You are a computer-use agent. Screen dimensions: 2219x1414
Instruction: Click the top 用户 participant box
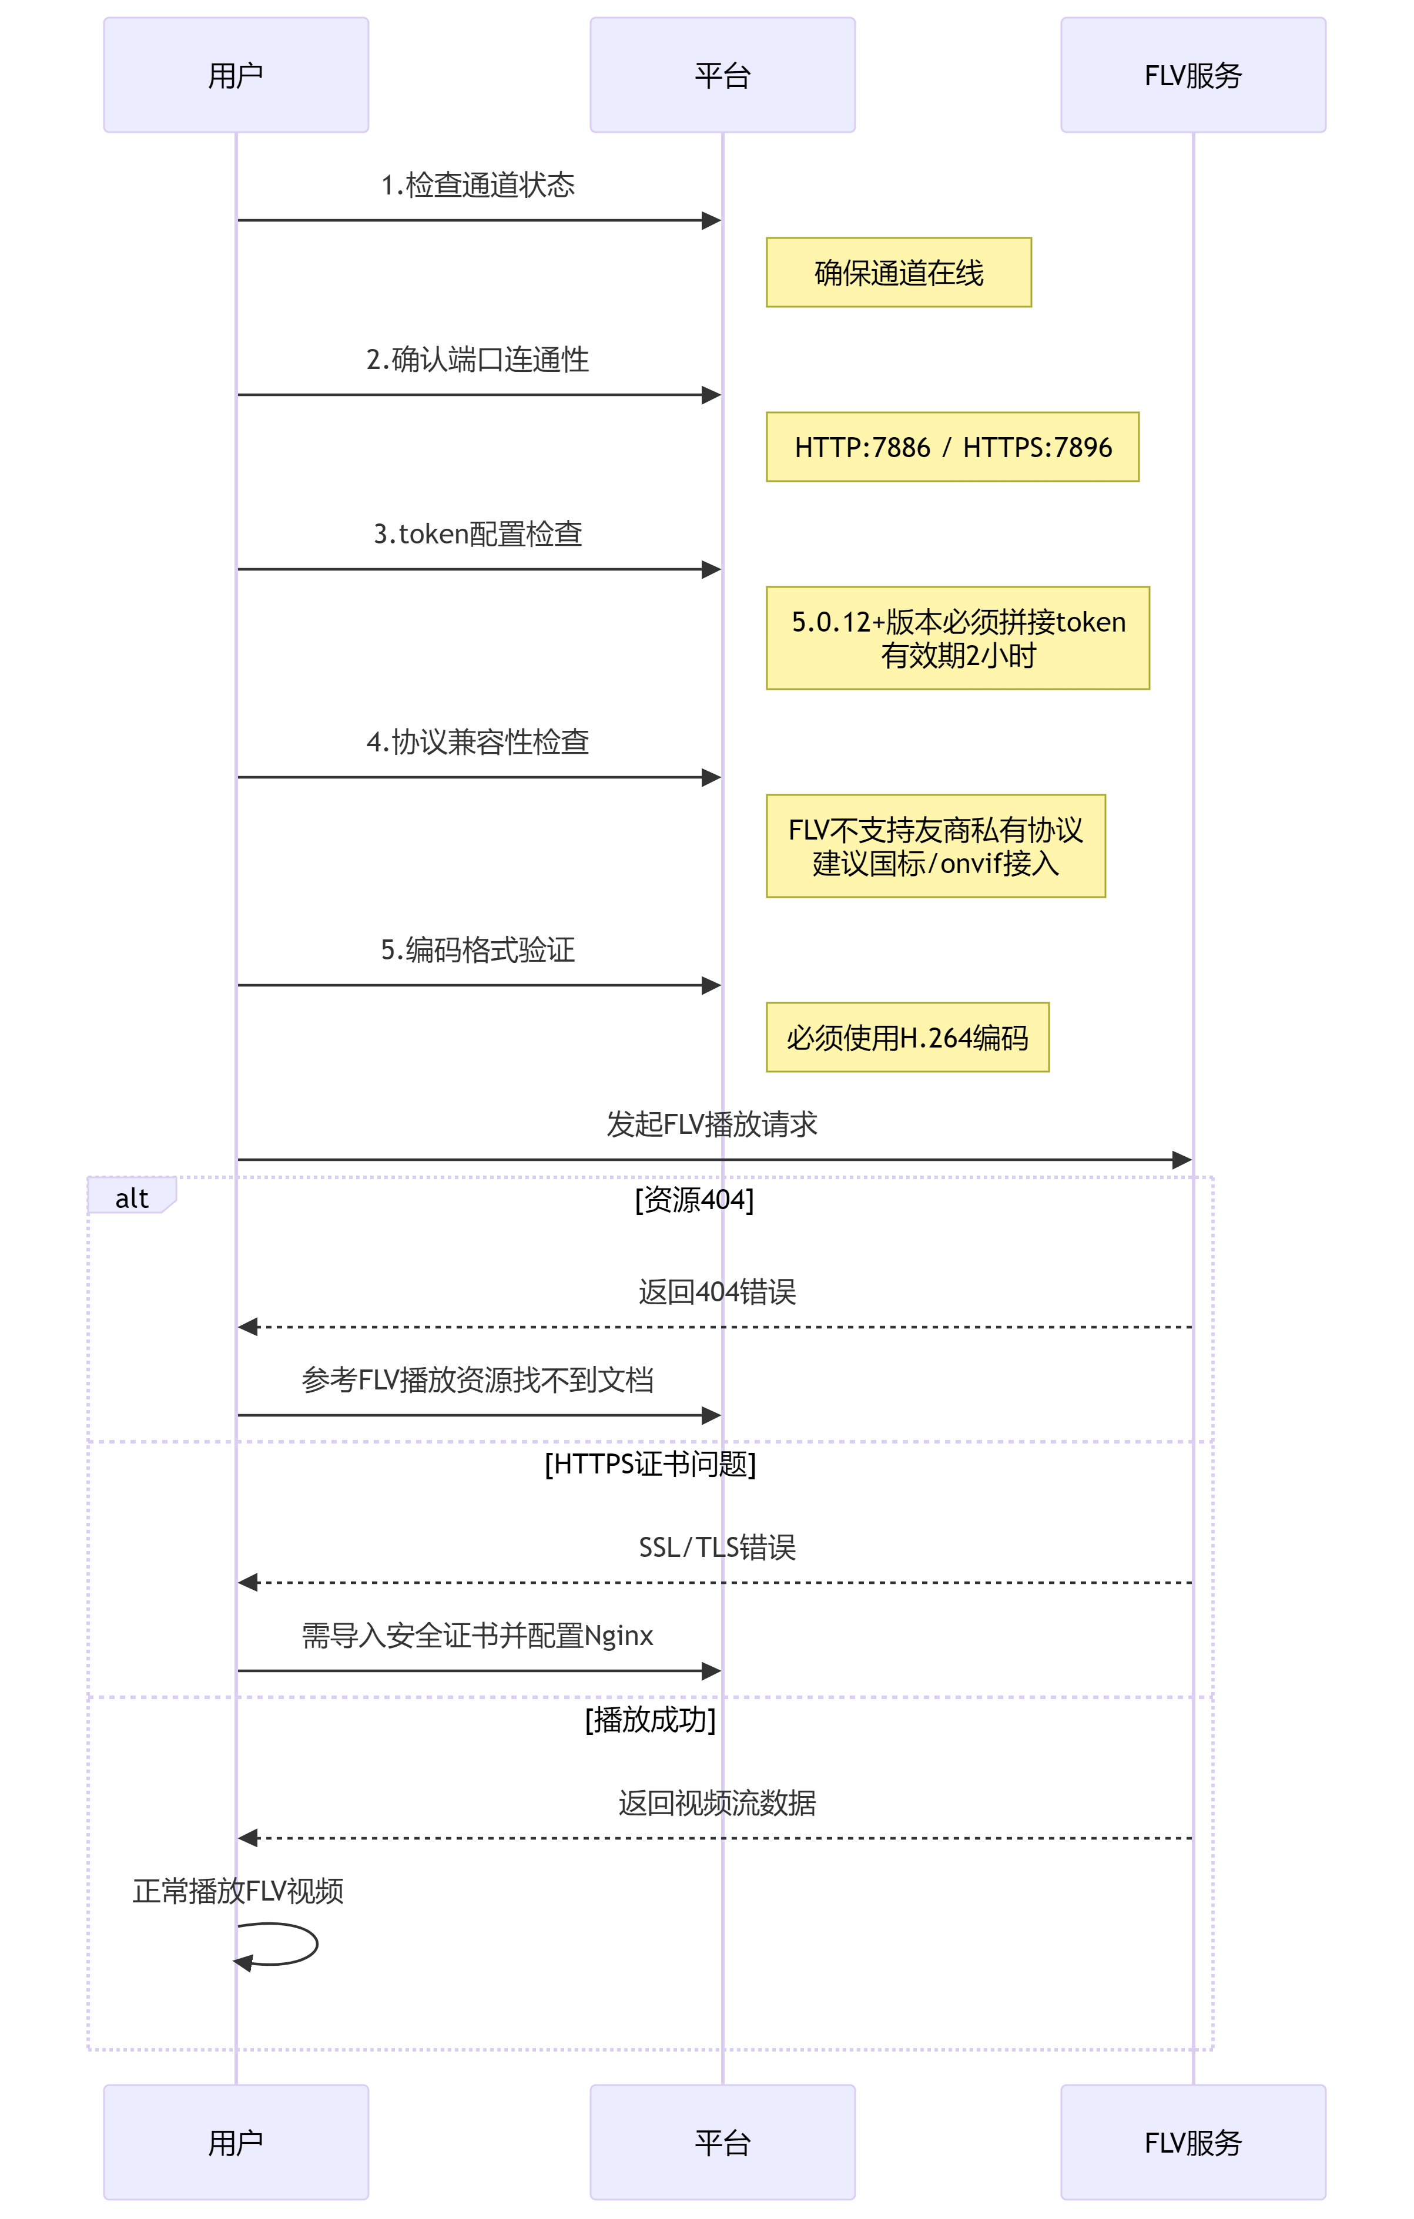(x=236, y=75)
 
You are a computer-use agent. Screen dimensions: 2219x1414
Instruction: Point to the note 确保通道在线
(x=899, y=273)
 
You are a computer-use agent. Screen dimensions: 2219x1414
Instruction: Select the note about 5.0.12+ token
(x=958, y=637)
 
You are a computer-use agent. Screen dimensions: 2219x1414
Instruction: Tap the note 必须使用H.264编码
(x=907, y=1038)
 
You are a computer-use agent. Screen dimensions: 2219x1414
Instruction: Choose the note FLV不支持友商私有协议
(x=936, y=846)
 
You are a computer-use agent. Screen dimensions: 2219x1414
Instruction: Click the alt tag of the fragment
(x=132, y=1197)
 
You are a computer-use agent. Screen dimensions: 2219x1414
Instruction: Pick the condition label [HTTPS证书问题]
(x=650, y=1464)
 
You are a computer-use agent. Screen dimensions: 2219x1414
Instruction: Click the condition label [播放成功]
(x=650, y=1720)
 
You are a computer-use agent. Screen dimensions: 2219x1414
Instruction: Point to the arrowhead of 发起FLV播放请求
(x=1182, y=1160)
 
